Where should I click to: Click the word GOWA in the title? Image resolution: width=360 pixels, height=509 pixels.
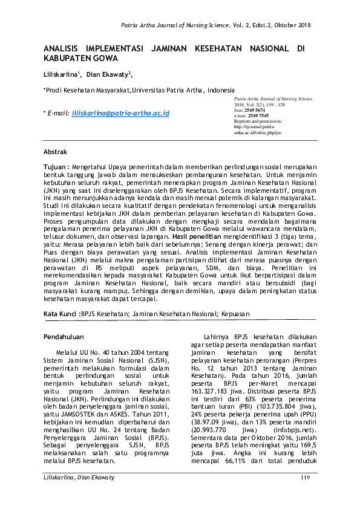point(104,59)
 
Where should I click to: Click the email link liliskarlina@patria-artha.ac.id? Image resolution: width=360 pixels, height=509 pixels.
point(120,113)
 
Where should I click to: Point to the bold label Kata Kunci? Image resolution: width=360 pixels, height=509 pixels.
point(61,314)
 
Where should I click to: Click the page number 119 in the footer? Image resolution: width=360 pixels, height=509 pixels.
point(304,496)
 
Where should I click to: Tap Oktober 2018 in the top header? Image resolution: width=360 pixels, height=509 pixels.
point(290,25)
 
